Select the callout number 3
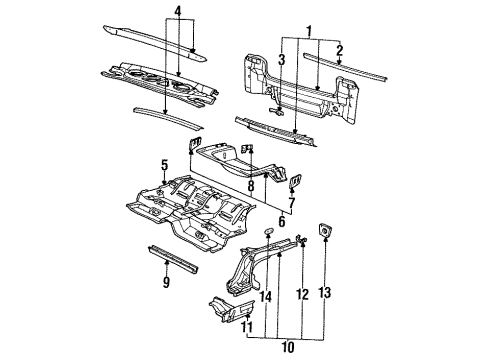[283, 60]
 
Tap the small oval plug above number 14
[268, 233]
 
